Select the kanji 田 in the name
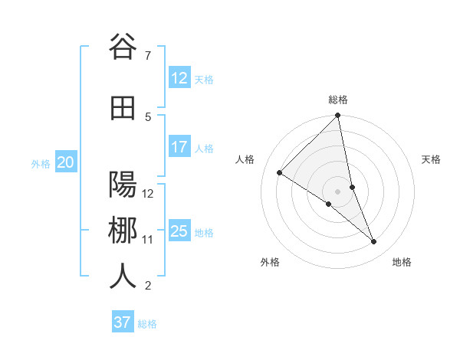pos(123,109)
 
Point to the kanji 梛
pos(123,231)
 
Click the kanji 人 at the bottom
pos(123,277)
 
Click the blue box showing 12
pos(179,78)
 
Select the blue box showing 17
pos(179,147)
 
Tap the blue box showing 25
pos(179,231)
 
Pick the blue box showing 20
pos(65,162)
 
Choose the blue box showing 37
pos(123,322)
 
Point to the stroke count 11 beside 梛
pos(147,240)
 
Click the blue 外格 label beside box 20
pos(41,163)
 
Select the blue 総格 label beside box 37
pos(147,324)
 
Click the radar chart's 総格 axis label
pos(338,100)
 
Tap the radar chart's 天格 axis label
pos(432,159)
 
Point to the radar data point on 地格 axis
pos(374,241)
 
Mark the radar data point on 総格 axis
pos(338,116)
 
